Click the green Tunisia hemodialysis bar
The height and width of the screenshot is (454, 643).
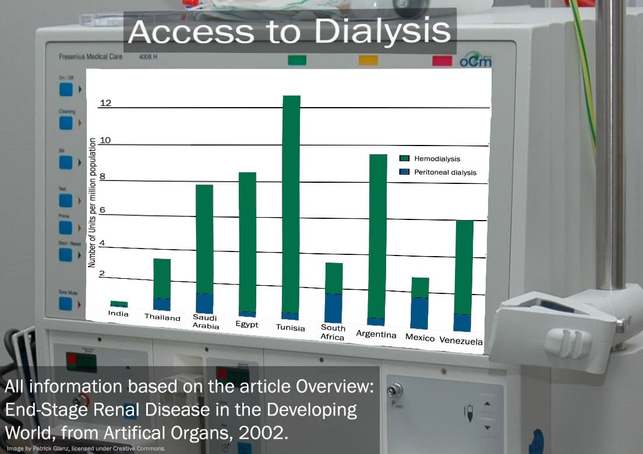coord(291,204)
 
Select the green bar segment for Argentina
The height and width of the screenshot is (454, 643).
coord(378,236)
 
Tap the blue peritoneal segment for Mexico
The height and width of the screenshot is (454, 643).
coord(419,313)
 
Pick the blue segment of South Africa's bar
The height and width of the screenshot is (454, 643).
coord(333,308)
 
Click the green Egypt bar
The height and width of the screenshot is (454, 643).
coord(248,242)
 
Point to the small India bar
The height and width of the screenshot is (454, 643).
coord(119,304)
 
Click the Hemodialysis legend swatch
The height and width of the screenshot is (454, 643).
coord(405,158)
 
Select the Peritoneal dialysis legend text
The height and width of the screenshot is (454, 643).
coord(445,172)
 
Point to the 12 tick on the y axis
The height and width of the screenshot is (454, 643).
coord(105,104)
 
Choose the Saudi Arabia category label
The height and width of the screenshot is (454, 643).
coord(205,322)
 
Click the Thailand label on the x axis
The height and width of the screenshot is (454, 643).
coord(162,317)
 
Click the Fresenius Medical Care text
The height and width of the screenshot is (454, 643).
coord(94,57)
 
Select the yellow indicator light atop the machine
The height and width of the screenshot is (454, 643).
coord(368,60)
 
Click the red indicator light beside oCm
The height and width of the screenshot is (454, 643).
coord(442,61)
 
